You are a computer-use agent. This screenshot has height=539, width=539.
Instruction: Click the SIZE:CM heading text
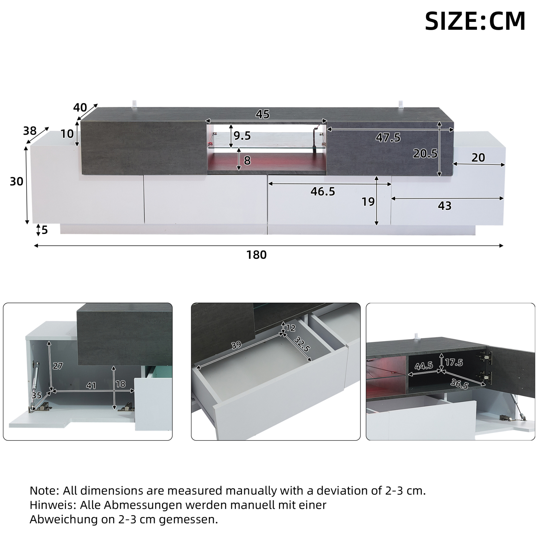[475, 21]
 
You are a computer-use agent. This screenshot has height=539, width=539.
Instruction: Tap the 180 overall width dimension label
[256, 255]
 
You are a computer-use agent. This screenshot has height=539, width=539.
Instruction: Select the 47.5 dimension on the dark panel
[388, 137]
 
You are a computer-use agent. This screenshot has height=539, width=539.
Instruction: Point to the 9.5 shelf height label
[242, 136]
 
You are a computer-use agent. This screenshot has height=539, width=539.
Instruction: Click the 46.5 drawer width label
[323, 192]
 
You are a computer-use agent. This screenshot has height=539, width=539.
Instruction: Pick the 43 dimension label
[445, 206]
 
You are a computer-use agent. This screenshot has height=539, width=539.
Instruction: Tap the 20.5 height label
[425, 154]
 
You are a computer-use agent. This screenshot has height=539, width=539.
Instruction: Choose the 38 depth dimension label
[30, 131]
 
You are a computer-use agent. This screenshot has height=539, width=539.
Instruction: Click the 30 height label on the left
[16, 182]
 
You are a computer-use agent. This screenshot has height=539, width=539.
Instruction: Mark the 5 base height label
[45, 230]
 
